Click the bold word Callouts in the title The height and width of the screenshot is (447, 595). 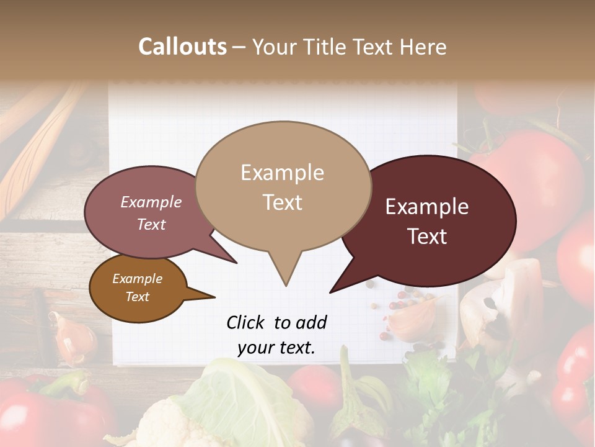click(x=182, y=47)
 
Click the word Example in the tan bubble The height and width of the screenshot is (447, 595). click(x=282, y=173)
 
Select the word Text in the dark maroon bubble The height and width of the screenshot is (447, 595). click(x=428, y=237)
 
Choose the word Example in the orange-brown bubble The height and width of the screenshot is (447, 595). click(x=137, y=279)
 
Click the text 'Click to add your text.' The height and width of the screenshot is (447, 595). click(x=276, y=335)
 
